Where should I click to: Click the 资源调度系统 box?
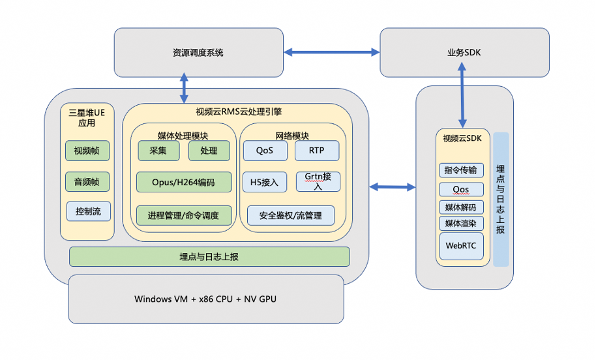pos(198,52)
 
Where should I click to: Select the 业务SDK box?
pos(464,52)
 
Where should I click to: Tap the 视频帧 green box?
pos(87,151)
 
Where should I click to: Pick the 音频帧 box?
pos(87,181)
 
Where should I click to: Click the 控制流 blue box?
pos(88,211)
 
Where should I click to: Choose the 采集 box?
pos(157,151)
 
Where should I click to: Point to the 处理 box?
pos(209,151)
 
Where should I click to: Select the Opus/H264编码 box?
pos(184,181)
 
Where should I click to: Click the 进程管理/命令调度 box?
pos(184,215)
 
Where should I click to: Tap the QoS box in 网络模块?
pos(265,151)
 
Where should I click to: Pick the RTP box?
pos(317,151)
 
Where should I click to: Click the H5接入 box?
pos(265,182)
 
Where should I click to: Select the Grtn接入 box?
pos(318,181)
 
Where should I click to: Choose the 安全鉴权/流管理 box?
pos(291,215)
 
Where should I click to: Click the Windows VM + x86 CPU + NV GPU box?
pos(206,299)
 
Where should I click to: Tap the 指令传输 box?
pos(461,171)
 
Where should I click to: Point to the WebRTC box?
pos(461,246)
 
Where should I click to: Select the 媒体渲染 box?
pos(461,224)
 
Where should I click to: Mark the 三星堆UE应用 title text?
pos(87,117)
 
